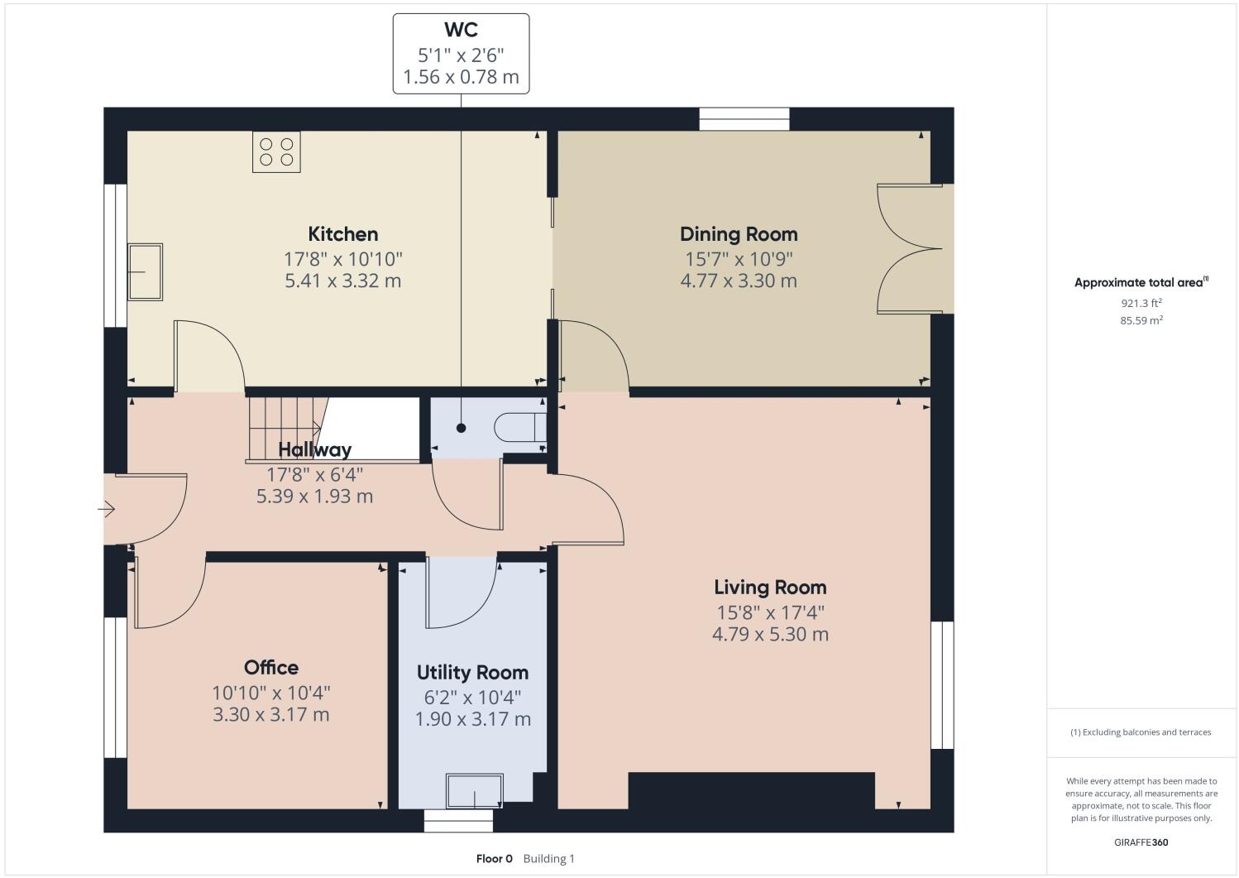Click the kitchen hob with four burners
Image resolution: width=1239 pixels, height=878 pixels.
tap(276, 152)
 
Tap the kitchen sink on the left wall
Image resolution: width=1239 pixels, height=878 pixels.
tap(145, 271)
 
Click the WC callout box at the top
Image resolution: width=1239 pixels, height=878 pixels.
tap(461, 54)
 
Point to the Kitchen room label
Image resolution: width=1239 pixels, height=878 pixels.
tap(342, 233)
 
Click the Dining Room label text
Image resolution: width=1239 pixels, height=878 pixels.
tap(739, 233)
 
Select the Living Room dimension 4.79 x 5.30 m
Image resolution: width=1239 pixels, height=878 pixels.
tap(770, 635)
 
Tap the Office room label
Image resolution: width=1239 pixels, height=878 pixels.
tap(271, 667)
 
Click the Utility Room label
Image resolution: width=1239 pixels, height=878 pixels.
tap(472, 672)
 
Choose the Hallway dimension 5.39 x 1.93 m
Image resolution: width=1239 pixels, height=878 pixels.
tap(314, 497)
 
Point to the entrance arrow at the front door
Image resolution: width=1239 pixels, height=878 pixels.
tap(107, 510)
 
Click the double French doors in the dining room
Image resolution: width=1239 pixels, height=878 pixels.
tap(910, 248)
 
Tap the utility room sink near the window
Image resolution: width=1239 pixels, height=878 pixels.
tap(475, 791)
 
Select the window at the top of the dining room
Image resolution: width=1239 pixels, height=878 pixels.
tap(744, 120)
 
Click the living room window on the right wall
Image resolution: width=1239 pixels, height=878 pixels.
tap(942, 685)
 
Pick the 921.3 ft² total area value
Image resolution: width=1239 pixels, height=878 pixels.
tap(1141, 303)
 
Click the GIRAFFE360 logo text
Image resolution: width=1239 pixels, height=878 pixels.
tap(1141, 842)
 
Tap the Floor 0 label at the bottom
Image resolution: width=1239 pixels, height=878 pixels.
tap(495, 858)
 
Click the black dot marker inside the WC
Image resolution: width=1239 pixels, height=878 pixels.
tap(461, 428)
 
